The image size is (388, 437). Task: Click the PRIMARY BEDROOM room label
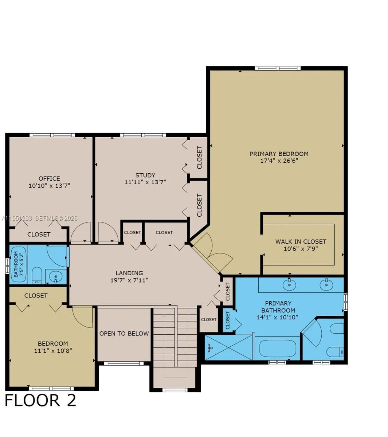pos(279,154)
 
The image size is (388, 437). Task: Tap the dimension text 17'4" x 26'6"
pos(279,161)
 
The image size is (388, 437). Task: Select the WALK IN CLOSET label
pos(301,241)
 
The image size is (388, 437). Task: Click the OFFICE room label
pos(49,178)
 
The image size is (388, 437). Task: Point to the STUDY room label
pos(145,175)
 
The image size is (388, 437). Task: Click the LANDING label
pos(129,273)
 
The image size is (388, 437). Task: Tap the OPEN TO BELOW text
pos(124,333)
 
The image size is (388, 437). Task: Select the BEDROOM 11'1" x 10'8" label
pos(53,347)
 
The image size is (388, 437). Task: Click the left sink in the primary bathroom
pos(289,284)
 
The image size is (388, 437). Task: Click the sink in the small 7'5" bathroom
pos(55,277)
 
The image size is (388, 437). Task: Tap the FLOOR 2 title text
pos(40,400)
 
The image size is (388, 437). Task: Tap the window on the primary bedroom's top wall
pos(277,68)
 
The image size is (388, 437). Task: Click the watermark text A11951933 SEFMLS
pos(39,219)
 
